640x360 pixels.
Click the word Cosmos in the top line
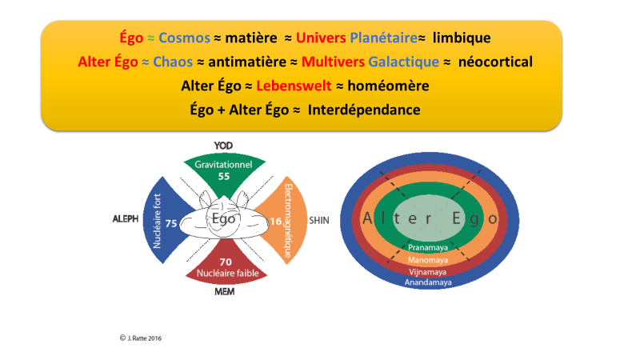pyautogui.click(x=184, y=38)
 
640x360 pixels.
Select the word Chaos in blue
pyautogui.click(x=173, y=62)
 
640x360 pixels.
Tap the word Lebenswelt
pyautogui.click(x=294, y=86)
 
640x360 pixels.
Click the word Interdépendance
pyautogui.click(x=364, y=110)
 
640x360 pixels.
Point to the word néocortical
pyautogui.click(x=495, y=62)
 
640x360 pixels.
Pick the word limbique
pyautogui.click(x=462, y=38)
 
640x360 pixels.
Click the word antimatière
pyautogui.click(x=247, y=62)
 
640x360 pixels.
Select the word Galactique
pyautogui.click(x=404, y=62)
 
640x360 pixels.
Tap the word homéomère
pyautogui.click(x=388, y=86)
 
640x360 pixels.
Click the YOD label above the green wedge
pyautogui.click(x=223, y=146)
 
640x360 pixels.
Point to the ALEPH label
pyautogui.click(x=126, y=219)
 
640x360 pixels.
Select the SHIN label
pyautogui.click(x=318, y=221)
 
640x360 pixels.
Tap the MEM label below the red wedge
pyautogui.click(x=225, y=291)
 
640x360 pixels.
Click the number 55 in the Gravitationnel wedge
pyautogui.click(x=224, y=176)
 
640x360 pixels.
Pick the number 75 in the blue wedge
pyautogui.click(x=171, y=223)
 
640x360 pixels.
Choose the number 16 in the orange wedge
pyautogui.click(x=276, y=222)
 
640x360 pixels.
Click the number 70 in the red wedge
pyautogui.click(x=226, y=262)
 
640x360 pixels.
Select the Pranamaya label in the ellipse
pyautogui.click(x=428, y=248)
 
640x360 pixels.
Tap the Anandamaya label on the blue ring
pyautogui.click(x=428, y=282)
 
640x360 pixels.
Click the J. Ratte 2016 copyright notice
pyautogui.click(x=141, y=338)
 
